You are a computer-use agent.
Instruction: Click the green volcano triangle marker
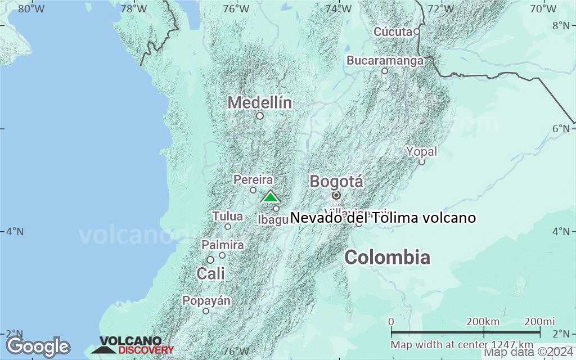(x=271, y=197)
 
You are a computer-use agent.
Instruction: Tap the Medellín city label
(x=260, y=103)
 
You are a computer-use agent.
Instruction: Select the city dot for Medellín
(x=260, y=116)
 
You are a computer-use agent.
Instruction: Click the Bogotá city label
(x=336, y=182)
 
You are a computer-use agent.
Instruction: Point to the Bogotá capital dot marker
(x=336, y=195)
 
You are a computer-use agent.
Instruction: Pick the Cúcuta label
(x=393, y=31)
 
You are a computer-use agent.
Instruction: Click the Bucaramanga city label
(x=385, y=60)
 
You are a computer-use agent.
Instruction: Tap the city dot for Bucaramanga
(x=385, y=71)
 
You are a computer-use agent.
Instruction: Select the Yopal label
(x=421, y=151)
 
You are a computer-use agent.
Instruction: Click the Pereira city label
(x=253, y=180)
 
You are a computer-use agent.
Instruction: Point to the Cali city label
(x=210, y=274)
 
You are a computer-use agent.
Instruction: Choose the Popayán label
(x=206, y=301)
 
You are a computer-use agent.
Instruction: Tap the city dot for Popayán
(x=206, y=311)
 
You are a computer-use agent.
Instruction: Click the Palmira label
(x=223, y=245)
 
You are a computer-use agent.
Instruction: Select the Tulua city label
(x=228, y=216)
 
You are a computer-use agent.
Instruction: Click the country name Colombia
(x=388, y=258)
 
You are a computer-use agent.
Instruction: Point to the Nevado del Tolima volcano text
(x=383, y=218)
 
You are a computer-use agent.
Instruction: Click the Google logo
(x=38, y=346)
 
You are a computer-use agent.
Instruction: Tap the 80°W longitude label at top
(x=31, y=8)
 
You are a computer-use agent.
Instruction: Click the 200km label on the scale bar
(x=483, y=321)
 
